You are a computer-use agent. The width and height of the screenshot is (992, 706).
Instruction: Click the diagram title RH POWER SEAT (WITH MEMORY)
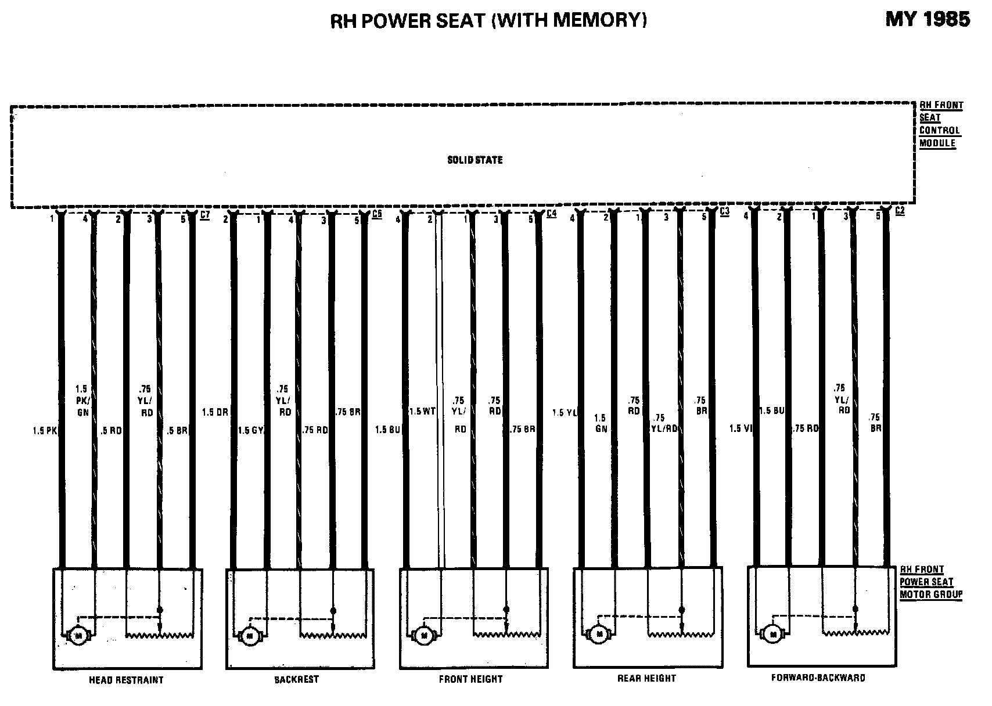click(x=488, y=20)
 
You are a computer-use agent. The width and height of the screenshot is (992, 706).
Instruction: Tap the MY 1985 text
click(x=927, y=19)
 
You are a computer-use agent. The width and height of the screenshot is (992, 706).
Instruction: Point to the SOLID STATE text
click(x=475, y=160)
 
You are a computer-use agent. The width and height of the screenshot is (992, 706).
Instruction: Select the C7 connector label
click(x=204, y=215)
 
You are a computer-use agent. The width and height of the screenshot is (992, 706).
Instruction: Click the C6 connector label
click(x=376, y=214)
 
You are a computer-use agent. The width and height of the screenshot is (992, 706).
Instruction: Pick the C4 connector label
click(x=551, y=214)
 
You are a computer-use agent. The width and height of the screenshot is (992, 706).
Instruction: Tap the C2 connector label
click(x=899, y=211)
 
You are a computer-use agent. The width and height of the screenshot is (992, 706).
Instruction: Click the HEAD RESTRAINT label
click(x=126, y=680)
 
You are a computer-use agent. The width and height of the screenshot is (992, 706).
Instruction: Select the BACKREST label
click(x=296, y=679)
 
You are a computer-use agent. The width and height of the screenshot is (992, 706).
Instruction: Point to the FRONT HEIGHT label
click(x=470, y=679)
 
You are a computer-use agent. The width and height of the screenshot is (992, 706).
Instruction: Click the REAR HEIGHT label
click(x=646, y=678)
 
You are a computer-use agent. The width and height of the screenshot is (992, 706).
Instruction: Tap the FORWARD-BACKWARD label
click(x=818, y=678)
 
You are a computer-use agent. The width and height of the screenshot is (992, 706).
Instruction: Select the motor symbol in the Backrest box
click(x=250, y=636)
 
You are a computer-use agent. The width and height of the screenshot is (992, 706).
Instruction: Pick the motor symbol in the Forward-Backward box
click(x=772, y=634)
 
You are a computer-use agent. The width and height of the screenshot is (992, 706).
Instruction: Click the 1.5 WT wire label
click(x=422, y=412)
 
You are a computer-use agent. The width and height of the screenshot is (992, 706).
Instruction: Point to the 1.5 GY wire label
click(x=251, y=430)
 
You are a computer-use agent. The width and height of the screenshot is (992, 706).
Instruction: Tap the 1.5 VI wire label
click(x=741, y=428)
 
